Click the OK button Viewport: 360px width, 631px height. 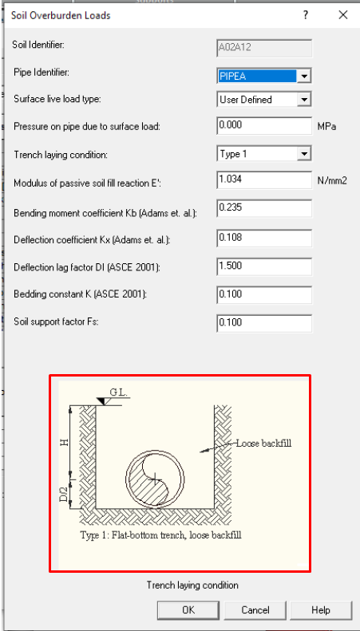tap(188, 610)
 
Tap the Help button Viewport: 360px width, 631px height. tap(321, 610)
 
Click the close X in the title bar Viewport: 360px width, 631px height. tap(343, 15)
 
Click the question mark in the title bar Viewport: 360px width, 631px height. tap(306, 15)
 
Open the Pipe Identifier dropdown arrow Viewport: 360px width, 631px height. tap(304, 76)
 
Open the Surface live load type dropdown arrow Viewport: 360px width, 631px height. tap(304, 99)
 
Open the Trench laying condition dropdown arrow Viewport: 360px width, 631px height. tap(304, 154)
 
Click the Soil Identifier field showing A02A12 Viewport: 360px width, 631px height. tap(264, 48)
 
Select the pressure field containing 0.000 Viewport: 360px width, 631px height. tap(264, 125)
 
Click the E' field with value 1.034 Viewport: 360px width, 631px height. tap(264, 179)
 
